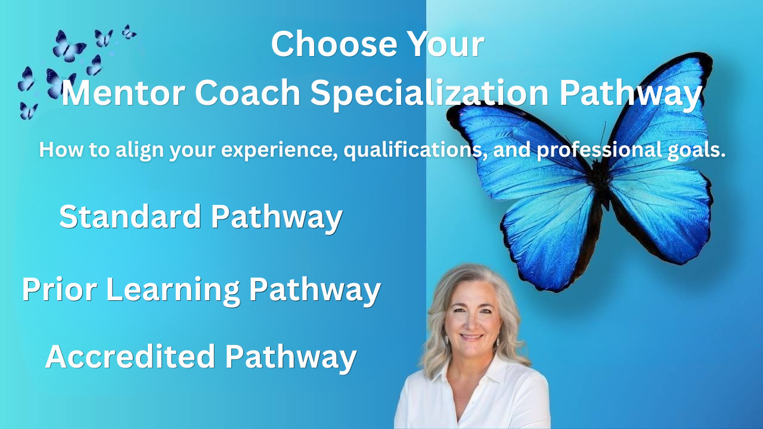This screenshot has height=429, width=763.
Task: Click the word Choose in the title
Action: tap(334, 43)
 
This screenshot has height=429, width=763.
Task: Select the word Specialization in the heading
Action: tap(429, 94)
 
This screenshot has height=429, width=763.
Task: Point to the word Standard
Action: tap(130, 216)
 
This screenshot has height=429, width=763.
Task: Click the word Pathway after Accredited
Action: tap(290, 357)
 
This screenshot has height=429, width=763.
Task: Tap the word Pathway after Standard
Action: tap(277, 218)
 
